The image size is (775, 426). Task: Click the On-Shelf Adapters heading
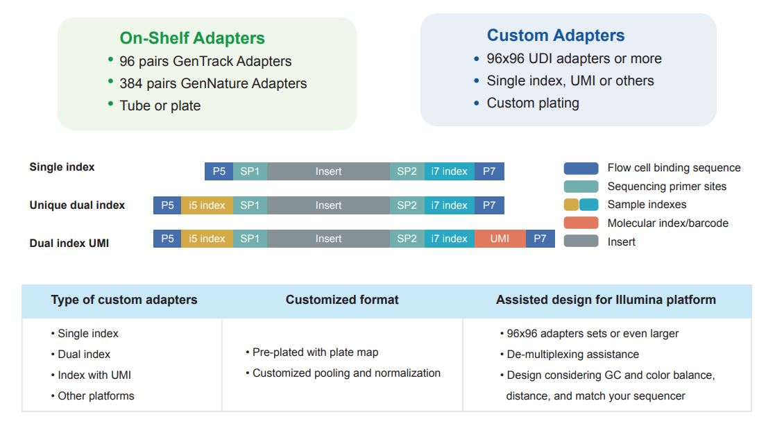(192, 38)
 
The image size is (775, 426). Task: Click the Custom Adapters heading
(555, 35)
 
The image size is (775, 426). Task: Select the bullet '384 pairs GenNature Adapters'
(213, 84)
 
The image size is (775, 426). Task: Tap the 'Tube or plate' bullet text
(160, 106)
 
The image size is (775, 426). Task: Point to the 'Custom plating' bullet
(532, 103)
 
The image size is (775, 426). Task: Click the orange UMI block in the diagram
(500, 239)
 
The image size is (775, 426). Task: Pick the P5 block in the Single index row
(219, 171)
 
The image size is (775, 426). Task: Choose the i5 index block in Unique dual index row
(207, 205)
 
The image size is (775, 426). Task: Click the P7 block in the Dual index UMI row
(540, 239)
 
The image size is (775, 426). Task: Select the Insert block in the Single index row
(328, 171)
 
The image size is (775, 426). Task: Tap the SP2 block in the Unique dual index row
(407, 205)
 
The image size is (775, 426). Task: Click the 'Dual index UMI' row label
(69, 244)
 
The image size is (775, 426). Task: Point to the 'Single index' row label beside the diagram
(62, 167)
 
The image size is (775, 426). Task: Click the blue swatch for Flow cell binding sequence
(581, 168)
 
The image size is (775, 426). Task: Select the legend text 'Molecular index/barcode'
(667, 223)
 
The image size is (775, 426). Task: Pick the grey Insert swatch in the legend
(581, 241)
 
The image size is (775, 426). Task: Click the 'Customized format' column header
(342, 300)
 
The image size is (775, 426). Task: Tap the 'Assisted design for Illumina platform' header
(606, 300)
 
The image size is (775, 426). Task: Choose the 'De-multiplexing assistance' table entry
(572, 355)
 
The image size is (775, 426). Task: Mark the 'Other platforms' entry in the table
(96, 396)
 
